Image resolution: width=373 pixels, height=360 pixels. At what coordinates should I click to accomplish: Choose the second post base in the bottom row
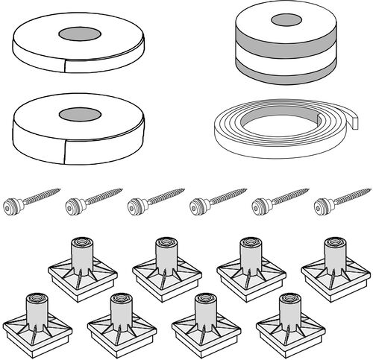119,320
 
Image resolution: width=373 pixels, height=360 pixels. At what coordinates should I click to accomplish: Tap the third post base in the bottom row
204,320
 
